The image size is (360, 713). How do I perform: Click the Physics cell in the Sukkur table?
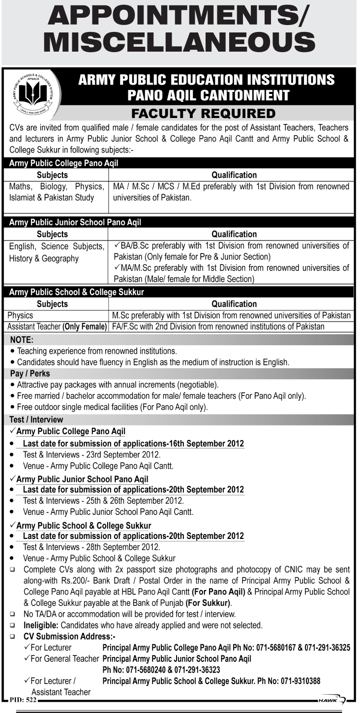click(x=20, y=315)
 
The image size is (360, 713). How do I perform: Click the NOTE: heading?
click(x=22, y=339)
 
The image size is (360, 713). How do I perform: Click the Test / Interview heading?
click(x=36, y=419)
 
